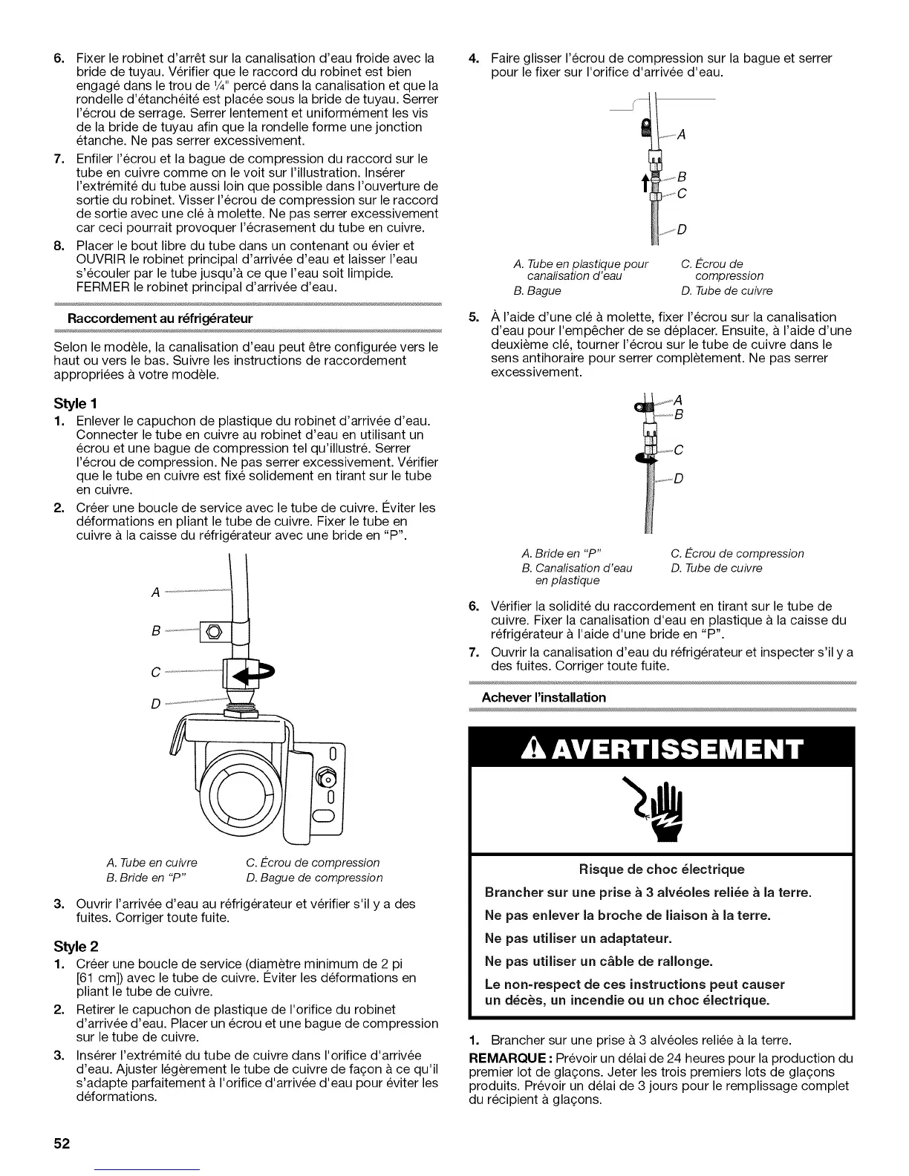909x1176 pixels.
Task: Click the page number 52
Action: [61, 1143]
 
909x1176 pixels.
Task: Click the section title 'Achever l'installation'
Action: [544, 697]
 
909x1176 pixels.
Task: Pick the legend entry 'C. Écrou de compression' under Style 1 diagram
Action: [312, 862]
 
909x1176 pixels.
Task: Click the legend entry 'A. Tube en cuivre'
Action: [151, 862]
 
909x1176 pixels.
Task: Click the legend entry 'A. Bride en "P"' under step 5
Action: [561, 553]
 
